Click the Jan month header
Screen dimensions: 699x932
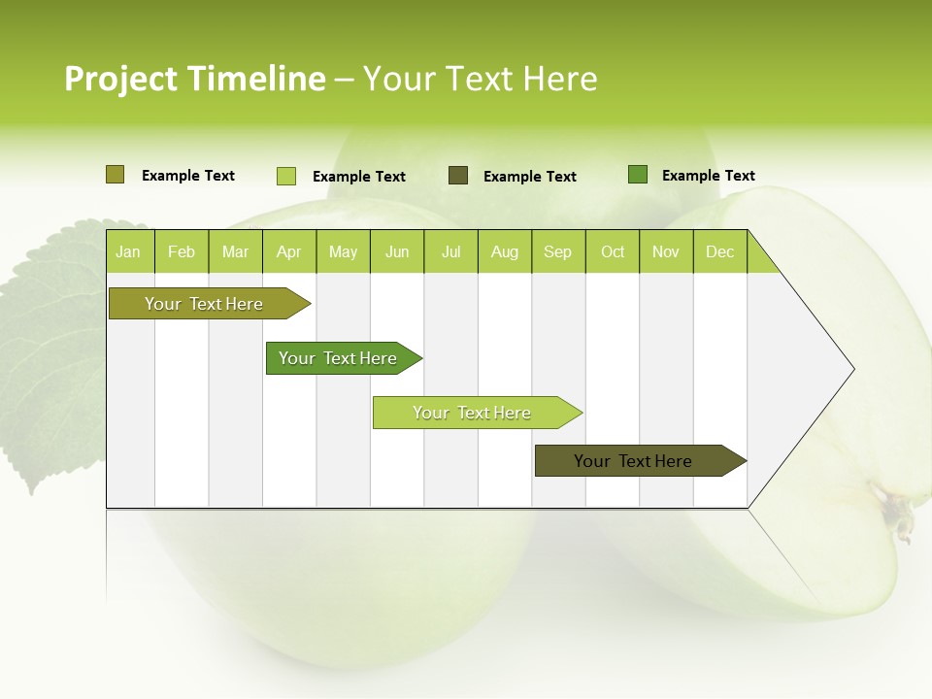pyautogui.click(x=129, y=251)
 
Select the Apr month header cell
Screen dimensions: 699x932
pyautogui.click(x=289, y=251)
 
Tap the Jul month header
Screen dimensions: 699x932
pyautogui.click(x=450, y=251)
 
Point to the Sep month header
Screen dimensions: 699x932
pyautogui.click(x=557, y=251)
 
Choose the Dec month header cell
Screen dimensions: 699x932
pyautogui.click(x=719, y=251)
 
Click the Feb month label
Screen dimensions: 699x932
pyautogui.click(x=182, y=251)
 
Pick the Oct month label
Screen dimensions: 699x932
pyautogui.click(x=613, y=251)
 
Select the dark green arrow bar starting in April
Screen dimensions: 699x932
pyautogui.click(x=340, y=358)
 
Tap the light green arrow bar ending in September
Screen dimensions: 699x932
pyautogui.click(x=473, y=413)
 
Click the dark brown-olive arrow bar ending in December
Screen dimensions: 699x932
pyautogui.click(x=636, y=461)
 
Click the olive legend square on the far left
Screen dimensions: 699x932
pyautogui.click(x=115, y=175)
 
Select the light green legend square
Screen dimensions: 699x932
pyautogui.click(x=285, y=176)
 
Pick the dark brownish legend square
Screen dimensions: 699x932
pyautogui.click(x=458, y=176)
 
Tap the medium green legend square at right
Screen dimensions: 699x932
pyautogui.click(x=638, y=175)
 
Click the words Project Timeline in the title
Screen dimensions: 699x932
pyautogui.click(x=194, y=79)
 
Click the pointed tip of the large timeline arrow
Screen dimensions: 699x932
pyautogui.click(x=851, y=369)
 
